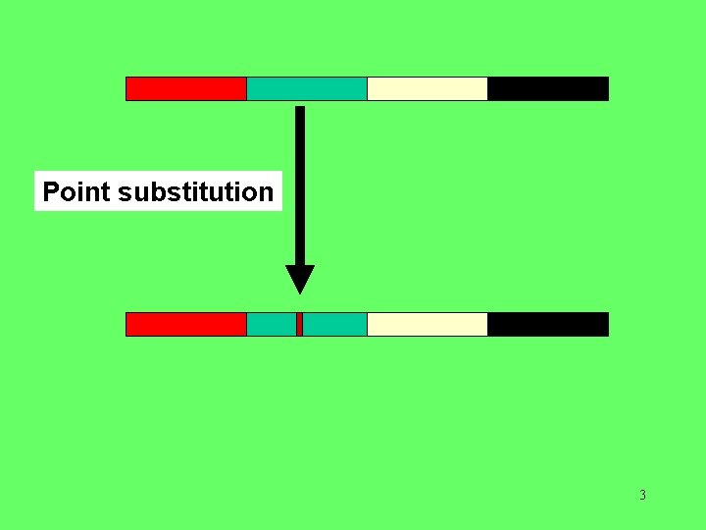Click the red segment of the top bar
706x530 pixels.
click(x=186, y=88)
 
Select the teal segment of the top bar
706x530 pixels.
click(x=307, y=88)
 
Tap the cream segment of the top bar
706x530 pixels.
click(x=428, y=88)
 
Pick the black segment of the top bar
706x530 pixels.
click(x=548, y=88)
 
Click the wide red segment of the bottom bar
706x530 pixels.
click(x=186, y=324)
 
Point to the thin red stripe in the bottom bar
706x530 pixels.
click(x=299, y=324)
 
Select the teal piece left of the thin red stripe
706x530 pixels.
click(x=272, y=324)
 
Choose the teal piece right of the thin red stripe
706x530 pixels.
click(x=334, y=324)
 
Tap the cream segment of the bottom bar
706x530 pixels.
click(x=428, y=324)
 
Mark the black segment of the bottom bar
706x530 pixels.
click(x=548, y=324)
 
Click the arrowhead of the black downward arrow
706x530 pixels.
click(x=300, y=279)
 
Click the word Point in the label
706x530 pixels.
click(x=76, y=191)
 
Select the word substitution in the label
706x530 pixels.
click(x=195, y=191)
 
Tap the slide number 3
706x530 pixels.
click(x=642, y=495)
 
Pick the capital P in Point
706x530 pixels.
click(x=51, y=191)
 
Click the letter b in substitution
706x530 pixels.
click(x=153, y=191)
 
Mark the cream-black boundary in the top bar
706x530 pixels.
click(x=487, y=88)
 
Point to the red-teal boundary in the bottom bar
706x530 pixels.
click(x=246, y=324)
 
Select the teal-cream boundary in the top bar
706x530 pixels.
click(x=367, y=88)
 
